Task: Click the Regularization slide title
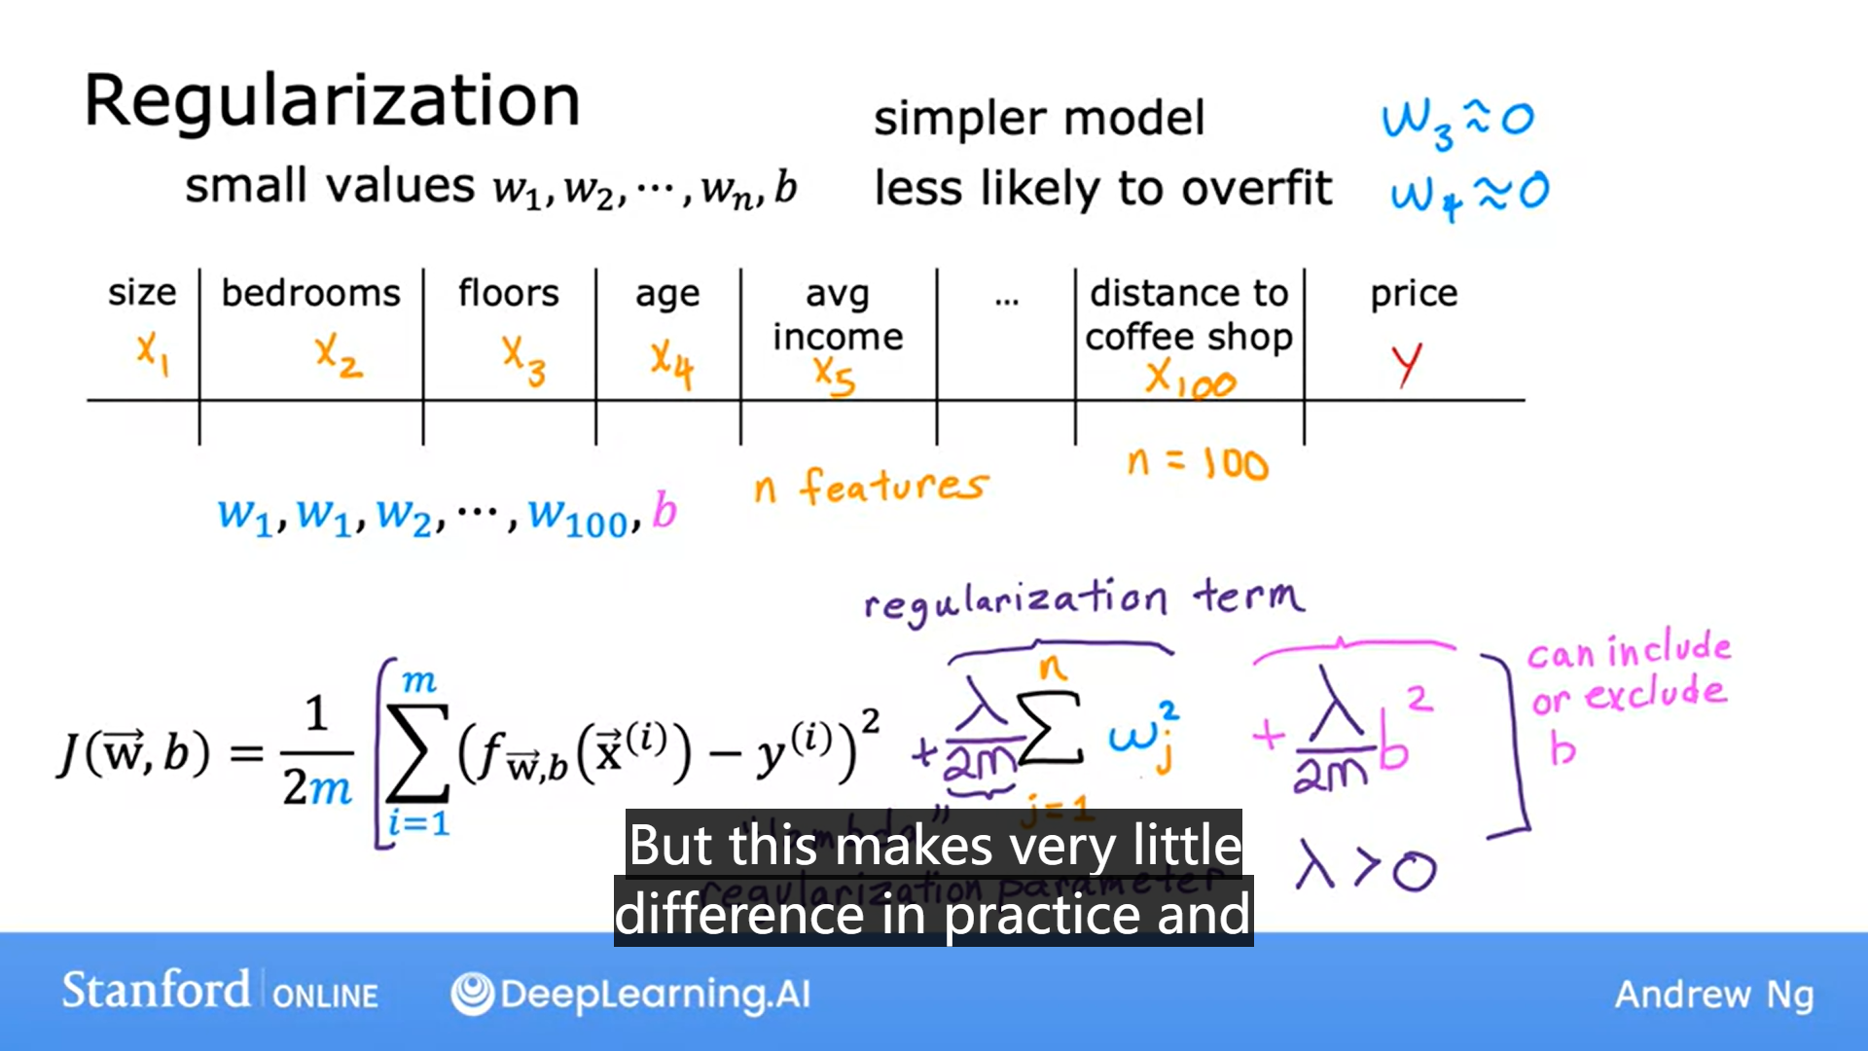pos(332,101)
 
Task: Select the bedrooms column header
pos(310,293)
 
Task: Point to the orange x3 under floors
pos(523,360)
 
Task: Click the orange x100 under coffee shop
pos(1189,378)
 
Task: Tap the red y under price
pos(1407,364)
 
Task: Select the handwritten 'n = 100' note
pos(1198,463)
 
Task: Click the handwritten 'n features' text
pos(871,485)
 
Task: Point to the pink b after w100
pos(665,511)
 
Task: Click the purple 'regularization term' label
pos(1084,598)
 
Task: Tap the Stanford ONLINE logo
pos(220,992)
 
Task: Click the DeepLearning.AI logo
pos(630,994)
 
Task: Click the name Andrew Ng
pos(1714,994)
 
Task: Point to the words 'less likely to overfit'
pos(1102,188)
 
